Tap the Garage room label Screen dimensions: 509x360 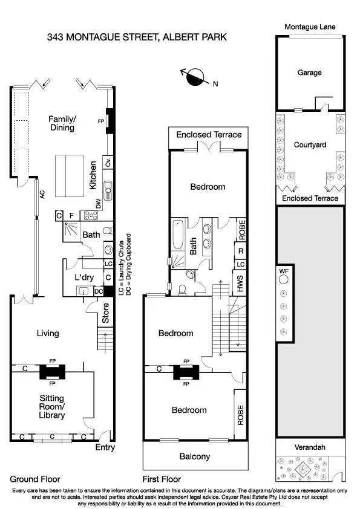(309, 73)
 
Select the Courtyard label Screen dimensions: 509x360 (310, 145)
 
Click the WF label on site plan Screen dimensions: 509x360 (284, 272)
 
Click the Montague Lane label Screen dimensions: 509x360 (310, 27)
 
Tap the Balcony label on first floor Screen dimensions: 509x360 (195, 456)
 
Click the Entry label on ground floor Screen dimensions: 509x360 (105, 448)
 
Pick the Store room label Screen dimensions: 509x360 (105, 317)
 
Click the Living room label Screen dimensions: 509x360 (48, 333)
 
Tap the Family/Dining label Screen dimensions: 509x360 (62, 123)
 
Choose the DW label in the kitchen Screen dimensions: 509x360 (98, 203)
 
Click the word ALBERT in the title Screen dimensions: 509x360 (183, 37)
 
